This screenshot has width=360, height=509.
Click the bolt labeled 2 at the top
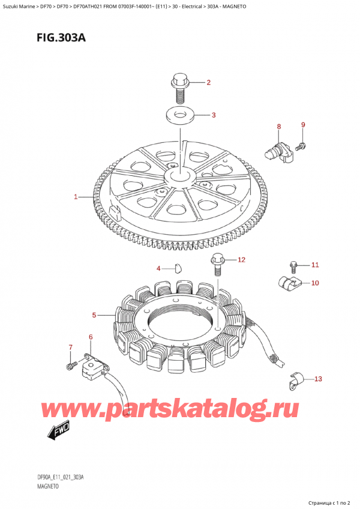coord(179,86)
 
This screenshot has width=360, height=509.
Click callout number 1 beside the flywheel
coord(76,197)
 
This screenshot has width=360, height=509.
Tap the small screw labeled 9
coord(302,145)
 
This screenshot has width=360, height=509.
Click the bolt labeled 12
coord(216,265)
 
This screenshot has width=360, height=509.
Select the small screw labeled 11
coord(293,264)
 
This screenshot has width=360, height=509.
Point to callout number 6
coord(91,338)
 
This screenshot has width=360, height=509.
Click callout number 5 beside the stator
coord(94,315)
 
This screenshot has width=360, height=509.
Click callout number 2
coord(209,83)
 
